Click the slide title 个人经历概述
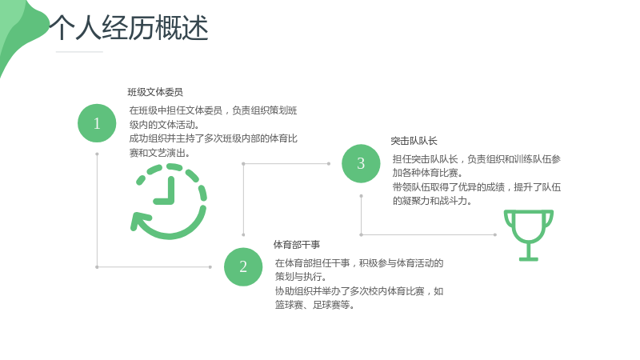click(129, 28)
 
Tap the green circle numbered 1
click(97, 123)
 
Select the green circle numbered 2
click(243, 267)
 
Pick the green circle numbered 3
click(361, 163)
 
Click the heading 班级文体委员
click(155, 92)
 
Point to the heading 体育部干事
click(297, 245)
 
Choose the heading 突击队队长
click(414, 141)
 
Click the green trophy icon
click(529, 235)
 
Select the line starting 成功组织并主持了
click(213, 138)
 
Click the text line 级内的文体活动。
click(164, 125)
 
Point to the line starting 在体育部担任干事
click(359, 263)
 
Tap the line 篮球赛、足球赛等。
click(314, 305)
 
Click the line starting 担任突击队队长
click(477, 159)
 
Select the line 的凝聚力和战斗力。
click(432, 201)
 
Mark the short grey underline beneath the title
click(79, 52)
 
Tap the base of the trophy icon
click(529, 258)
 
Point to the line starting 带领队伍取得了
click(477, 187)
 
